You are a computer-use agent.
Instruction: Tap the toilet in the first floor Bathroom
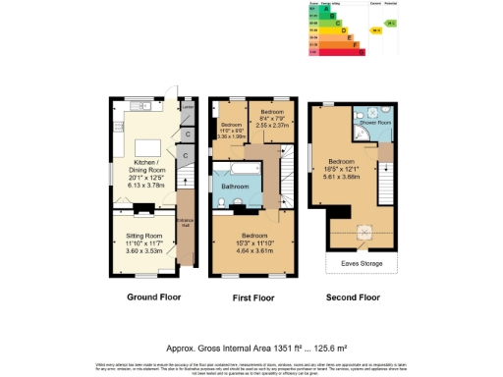pyautogui.click(x=222, y=203)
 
